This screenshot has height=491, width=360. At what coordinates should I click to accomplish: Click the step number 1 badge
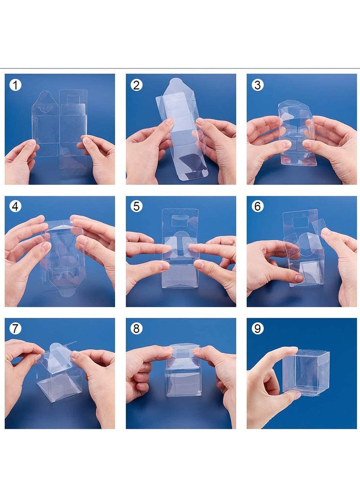click(15, 85)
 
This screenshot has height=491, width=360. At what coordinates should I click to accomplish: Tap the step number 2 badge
click(136, 85)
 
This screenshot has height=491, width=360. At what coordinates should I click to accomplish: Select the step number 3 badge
click(258, 85)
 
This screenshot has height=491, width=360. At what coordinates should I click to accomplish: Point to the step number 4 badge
click(15, 207)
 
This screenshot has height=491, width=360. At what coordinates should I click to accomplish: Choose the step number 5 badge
click(136, 207)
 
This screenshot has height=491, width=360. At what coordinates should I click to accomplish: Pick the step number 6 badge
click(258, 207)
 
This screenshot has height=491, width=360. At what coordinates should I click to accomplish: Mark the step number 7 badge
click(15, 329)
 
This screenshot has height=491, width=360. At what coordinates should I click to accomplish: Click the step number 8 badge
click(136, 329)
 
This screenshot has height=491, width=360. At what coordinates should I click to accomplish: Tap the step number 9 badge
click(258, 329)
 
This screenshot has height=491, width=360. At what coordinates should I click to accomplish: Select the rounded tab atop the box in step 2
click(176, 84)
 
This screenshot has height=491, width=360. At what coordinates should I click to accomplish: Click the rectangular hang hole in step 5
click(180, 221)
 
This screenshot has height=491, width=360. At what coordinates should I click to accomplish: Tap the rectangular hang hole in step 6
click(301, 222)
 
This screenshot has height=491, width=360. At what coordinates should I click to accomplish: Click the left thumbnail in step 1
click(31, 143)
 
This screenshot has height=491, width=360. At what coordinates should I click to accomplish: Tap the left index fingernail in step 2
click(169, 122)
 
